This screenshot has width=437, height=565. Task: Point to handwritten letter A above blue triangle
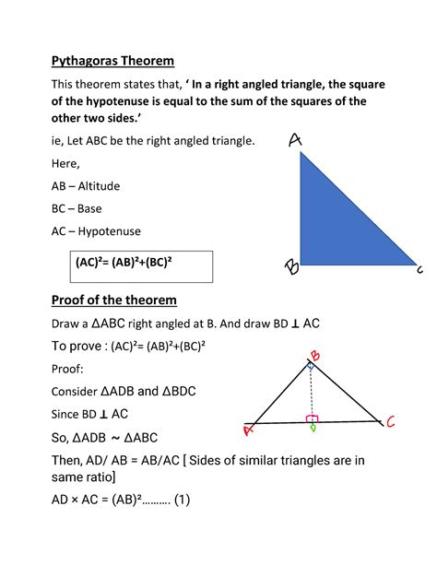click(295, 139)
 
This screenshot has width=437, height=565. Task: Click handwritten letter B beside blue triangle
click(290, 268)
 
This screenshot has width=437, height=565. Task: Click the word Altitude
click(99, 186)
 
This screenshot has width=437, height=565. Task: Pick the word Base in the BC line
click(90, 209)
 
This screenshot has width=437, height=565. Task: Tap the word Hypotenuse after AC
click(108, 231)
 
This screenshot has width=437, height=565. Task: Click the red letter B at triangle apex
click(315, 355)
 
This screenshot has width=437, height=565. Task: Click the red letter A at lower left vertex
click(248, 429)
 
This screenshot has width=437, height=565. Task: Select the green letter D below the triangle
click(313, 428)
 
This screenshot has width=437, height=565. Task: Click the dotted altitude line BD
click(313, 392)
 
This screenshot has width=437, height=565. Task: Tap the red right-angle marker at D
click(313, 418)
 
